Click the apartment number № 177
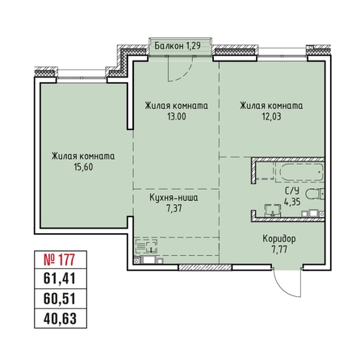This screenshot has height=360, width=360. click(59, 260)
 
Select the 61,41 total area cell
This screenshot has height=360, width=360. click(60, 278)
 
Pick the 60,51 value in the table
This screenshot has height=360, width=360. click(60, 299)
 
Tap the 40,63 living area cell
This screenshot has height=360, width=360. click(60, 319)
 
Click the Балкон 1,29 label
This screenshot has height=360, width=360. click(178, 46)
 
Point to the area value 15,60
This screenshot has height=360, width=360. click(83, 167)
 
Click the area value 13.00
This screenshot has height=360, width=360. click(177, 117)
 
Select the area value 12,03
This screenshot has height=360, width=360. click(272, 117)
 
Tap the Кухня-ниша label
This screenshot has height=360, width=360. click(174, 198)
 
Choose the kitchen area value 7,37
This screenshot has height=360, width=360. click(174, 208)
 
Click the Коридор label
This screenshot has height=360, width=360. click(279, 239)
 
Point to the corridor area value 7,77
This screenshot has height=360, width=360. click(279, 249)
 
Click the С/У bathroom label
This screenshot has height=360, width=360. click(292, 191)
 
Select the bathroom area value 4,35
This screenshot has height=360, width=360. click(292, 202)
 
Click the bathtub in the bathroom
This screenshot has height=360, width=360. click(301, 173)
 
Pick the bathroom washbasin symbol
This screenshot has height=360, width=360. click(273, 210)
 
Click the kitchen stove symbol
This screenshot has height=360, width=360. click(146, 246)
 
